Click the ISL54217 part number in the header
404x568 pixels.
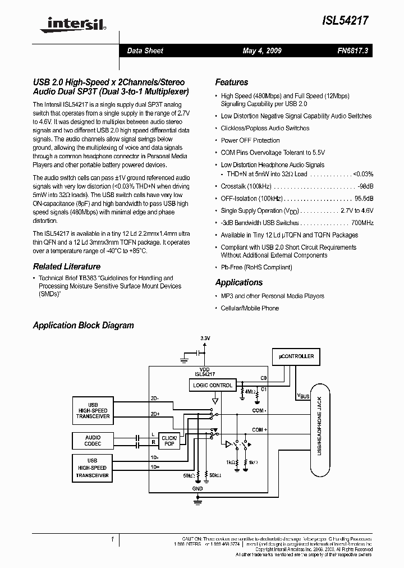tap(346, 21)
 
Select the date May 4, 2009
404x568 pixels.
tap(262, 51)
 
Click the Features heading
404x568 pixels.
tap(231, 82)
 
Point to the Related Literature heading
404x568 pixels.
tap(66, 267)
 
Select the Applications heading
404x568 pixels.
tap(239, 282)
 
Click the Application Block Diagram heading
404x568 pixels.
tap(83, 326)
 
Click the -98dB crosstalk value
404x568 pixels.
tap(364, 186)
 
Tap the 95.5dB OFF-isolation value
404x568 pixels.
tap(364, 198)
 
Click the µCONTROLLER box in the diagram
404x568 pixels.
tap(296, 356)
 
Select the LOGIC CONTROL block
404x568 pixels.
tap(212, 385)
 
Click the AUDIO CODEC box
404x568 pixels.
tap(93, 441)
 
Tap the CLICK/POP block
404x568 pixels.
tap(169, 441)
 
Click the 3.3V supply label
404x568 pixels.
tap(205, 338)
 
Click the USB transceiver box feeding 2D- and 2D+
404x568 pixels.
tap(93, 411)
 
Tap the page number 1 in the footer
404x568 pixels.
tap(113, 540)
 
